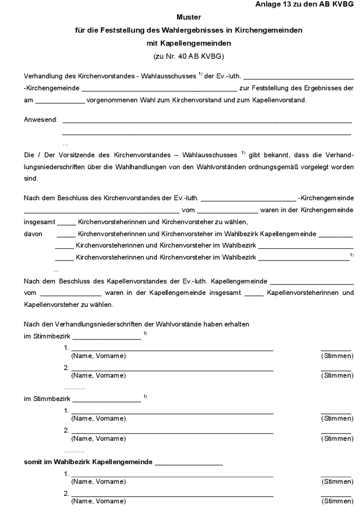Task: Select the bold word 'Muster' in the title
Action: pos(188,17)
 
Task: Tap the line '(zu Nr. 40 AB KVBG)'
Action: pos(188,56)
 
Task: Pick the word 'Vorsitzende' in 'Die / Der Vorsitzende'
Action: pos(68,155)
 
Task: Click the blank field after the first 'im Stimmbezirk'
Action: pos(106,337)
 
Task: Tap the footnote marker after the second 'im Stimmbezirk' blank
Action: pos(145,396)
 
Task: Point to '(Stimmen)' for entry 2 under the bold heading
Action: pos(337,501)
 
